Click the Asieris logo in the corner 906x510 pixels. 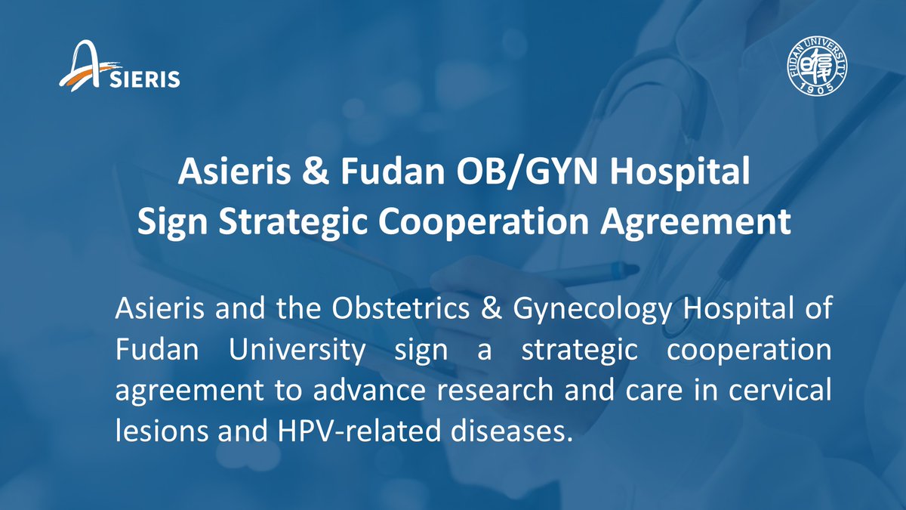tap(119, 66)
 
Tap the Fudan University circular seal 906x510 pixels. tap(818, 66)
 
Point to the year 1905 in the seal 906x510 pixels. tap(818, 88)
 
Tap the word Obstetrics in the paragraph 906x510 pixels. tap(400, 308)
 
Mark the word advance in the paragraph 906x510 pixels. tap(369, 390)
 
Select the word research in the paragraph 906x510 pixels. tap(495, 390)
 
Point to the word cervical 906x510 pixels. tap(780, 390)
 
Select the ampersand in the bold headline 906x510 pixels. tap(316, 172)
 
